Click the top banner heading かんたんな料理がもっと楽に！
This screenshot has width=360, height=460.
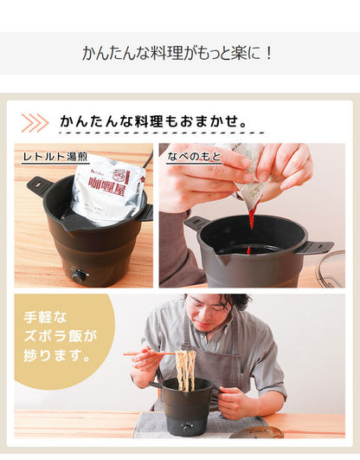[179, 53]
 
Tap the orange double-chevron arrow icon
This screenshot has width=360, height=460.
[35, 122]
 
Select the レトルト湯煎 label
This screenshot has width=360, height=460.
[55, 157]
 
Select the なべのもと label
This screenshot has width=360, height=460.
[195, 157]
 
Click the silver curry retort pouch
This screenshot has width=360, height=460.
[107, 191]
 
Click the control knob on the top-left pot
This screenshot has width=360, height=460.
[80, 275]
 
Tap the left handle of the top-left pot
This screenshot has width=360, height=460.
[39, 185]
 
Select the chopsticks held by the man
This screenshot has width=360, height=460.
[149, 353]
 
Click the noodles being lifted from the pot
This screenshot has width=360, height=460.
[185, 368]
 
